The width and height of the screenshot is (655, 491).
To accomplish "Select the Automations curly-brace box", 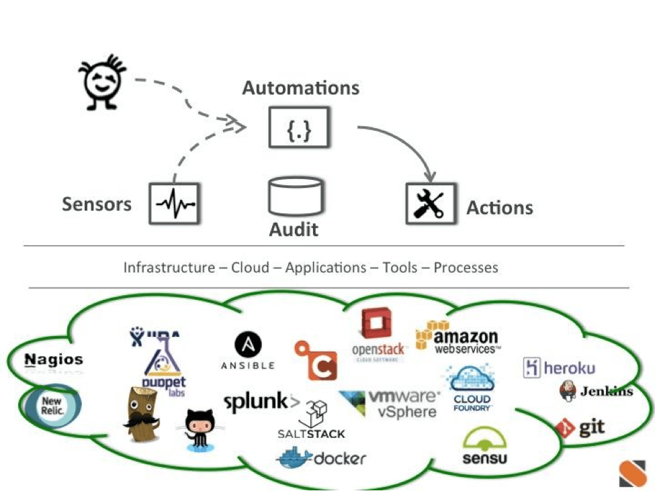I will point(299,127).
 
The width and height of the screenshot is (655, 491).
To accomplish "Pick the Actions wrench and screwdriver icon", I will point(431,203).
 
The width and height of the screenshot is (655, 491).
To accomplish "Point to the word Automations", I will point(300,88).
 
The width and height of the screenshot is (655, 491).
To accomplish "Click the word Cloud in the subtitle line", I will point(250,268).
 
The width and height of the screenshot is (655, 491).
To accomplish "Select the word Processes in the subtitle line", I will point(466,268).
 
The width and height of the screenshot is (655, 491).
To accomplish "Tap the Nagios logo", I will point(54,360).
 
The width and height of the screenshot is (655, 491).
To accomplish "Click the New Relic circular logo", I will point(52,406).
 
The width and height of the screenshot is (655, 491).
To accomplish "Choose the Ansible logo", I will point(248,351).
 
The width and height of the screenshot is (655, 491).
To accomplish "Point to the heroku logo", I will point(559,368).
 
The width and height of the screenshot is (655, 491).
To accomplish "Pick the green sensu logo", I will point(484,447).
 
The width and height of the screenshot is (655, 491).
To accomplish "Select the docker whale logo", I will point(322,458).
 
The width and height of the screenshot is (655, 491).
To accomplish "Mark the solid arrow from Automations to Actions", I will point(403,144).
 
